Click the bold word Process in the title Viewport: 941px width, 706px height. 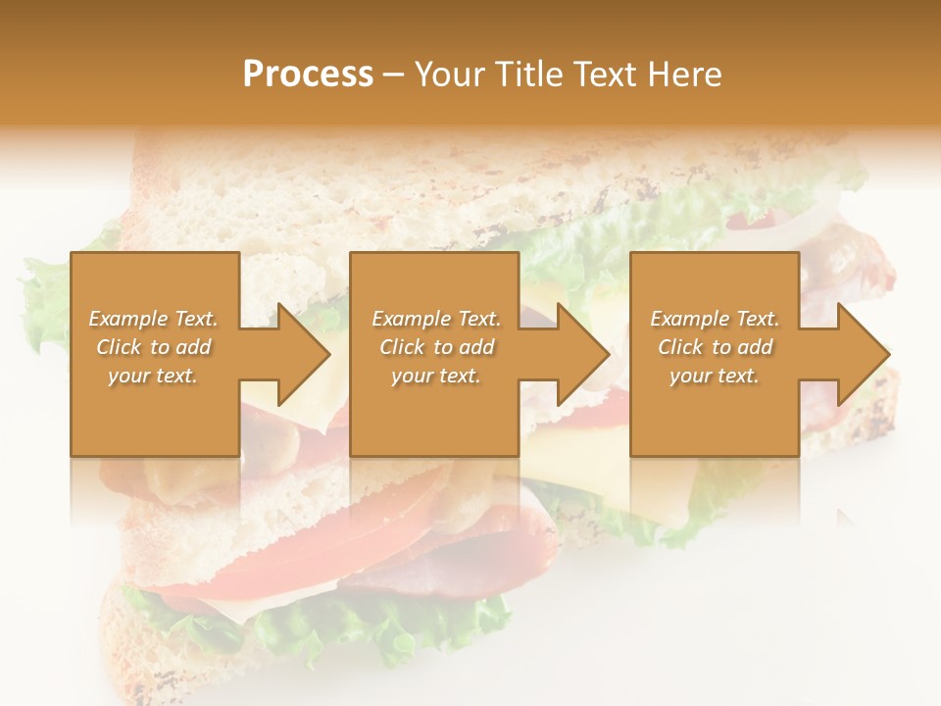[x=308, y=75]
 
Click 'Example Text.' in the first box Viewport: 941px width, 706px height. [x=153, y=319]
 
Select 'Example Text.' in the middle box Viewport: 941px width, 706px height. [x=436, y=319]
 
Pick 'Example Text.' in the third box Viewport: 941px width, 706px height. [x=715, y=319]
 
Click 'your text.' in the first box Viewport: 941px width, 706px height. [x=153, y=376]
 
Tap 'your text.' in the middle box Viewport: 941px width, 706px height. [x=436, y=376]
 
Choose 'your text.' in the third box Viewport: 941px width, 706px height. [x=715, y=376]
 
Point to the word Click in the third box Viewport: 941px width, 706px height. [x=681, y=347]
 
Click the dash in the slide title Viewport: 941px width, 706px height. [x=394, y=76]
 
